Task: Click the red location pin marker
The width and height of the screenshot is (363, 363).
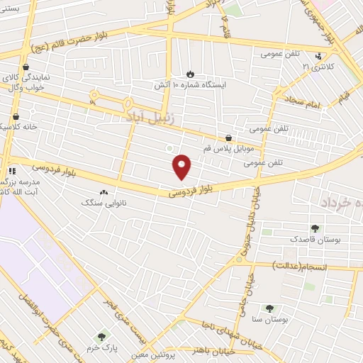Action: point(182,166)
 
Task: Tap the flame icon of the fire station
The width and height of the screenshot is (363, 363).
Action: point(190,74)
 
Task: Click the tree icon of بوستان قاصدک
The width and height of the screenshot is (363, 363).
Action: point(315,228)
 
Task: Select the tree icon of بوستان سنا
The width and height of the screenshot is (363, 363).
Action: point(269,308)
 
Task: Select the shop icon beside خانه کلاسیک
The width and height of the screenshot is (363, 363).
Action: point(16,117)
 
